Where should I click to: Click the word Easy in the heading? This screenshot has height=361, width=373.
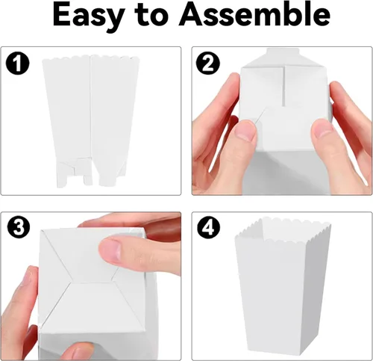tap(87, 16)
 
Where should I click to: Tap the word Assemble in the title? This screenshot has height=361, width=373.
tap(254, 15)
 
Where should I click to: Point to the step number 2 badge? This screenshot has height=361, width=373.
tap(208, 63)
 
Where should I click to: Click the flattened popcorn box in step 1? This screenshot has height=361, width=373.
tap(91, 121)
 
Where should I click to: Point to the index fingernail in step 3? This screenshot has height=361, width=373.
tap(110, 250)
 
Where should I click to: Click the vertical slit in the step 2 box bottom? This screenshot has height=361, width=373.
tap(283, 86)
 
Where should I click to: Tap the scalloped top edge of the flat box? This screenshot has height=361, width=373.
tap(91, 58)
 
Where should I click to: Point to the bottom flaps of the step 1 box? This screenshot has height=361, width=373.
tap(91, 173)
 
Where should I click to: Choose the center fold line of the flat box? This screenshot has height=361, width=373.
tap(90, 107)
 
